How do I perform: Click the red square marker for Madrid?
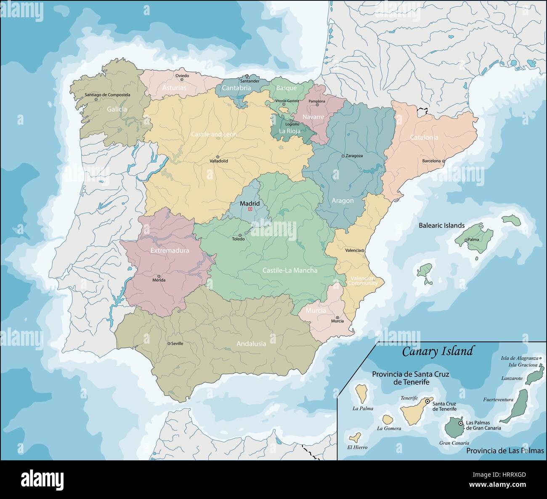(x=250, y=209)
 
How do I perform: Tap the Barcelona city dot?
(x=443, y=161)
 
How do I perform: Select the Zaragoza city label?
(x=354, y=155)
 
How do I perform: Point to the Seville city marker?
(x=169, y=344)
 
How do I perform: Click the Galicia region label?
(x=117, y=109)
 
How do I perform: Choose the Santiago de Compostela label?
(x=107, y=95)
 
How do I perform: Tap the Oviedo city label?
(x=182, y=76)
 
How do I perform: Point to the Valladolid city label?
(x=219, y=161)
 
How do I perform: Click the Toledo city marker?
(x=240, y=235)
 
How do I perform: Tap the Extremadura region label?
(x=170, y=251)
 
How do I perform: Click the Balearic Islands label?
(x=441, y=226)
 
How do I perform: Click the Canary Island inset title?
(x=437, y=351)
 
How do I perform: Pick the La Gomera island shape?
(x=388, y=419)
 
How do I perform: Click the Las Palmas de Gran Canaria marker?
(x=461, y=423)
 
